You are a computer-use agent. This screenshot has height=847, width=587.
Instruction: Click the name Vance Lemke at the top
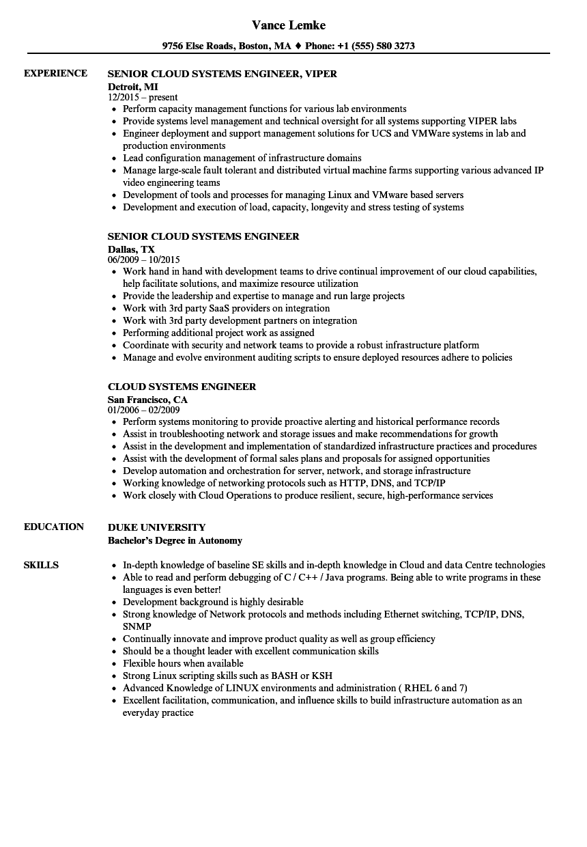[289, 25]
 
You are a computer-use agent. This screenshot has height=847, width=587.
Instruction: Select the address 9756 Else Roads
[198, 46]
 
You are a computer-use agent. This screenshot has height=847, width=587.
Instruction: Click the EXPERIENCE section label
[55, 73]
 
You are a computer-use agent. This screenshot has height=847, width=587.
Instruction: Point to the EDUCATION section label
[54, 527]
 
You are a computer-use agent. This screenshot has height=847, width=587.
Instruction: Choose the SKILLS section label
[41, 565]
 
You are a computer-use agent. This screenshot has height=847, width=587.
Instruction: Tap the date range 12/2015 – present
[143, 97]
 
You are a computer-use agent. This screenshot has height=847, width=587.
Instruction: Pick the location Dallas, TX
[131, 249]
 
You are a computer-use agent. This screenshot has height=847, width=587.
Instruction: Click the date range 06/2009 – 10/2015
[144, 260]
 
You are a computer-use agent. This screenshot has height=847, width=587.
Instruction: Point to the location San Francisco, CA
[147, 399]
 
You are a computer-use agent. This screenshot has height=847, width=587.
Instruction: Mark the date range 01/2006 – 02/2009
[144, 410]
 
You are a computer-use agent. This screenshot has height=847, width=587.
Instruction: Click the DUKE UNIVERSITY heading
[156, 527]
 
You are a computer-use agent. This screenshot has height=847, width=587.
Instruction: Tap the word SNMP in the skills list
[137, 626]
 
